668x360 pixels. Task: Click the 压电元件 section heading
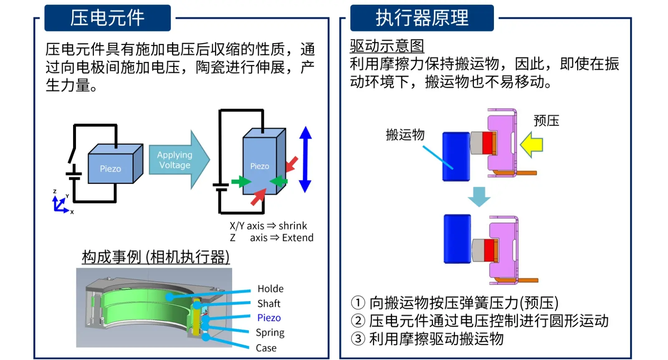(107, 18)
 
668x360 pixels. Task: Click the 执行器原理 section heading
(422, 18)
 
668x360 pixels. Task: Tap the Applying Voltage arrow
(177, 160)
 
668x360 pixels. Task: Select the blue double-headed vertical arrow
(305, 159)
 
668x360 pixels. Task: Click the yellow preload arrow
(531, 145)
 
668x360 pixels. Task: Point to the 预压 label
(546, 121)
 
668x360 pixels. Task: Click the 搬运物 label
(405, 134)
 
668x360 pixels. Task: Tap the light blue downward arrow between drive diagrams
(478, 196)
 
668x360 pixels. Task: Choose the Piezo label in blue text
(269, 318)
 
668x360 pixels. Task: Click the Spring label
(270, 332)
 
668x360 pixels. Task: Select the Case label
(266, 348)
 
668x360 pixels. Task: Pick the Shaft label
(269, 304)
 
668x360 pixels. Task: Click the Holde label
(271, 289)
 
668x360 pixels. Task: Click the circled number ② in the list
(358, 321)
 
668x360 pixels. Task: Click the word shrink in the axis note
(293, 226)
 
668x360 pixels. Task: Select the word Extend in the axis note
(298, 238)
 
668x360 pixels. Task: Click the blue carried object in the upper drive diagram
(456, 156)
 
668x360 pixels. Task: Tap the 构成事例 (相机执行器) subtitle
(156, 257)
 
